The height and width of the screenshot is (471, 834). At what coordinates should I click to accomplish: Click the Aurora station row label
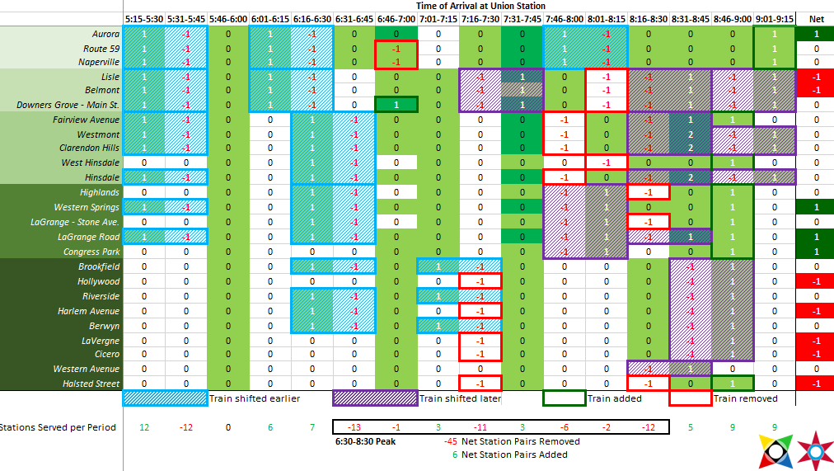pyautogui.click(x=105, y=35)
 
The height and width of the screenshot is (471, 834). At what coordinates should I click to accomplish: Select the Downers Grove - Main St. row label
pyautogui.click(x=79, y=105)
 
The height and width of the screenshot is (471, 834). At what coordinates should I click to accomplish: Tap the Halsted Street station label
pyautogui.click(x=91, y=384)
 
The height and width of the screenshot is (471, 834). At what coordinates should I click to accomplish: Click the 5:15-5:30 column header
pyautogui.click(x=143, y=18)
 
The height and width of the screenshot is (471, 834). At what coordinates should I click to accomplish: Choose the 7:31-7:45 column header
pyautogui.click(x=522, y=18)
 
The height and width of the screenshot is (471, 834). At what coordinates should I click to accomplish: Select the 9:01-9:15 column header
pyautogui.click(x=775, y=18)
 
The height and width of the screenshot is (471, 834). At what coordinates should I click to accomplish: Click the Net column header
pyautogui.click(x=816, y=18)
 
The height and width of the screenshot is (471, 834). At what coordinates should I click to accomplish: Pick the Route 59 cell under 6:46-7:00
pyautogui.click(x=396, y=49)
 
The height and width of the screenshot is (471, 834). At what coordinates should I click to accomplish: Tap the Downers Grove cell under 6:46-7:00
pyautogui.click(x=396, y=105)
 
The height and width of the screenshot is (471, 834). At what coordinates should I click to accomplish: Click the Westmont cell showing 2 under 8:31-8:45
pyautogui.click(x=691, y=134)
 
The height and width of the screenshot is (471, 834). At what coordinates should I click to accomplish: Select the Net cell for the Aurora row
pyautogui.click(x=816, y=35)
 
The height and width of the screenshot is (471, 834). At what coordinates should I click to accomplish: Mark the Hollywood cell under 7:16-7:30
pyautogui.click(x=480, y=281)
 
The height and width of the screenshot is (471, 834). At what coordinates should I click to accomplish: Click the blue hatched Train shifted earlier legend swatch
pyautogui.click(x=165, y=398)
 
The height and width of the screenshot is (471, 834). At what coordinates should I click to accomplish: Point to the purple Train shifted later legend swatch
pyautogui.click(x=375, y=398)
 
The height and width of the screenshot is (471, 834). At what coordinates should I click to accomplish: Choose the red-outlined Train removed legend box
pyautogui.click(x=691, y=398)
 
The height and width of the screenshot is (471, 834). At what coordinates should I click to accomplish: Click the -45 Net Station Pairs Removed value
pyautogui.click(x=451, y=441)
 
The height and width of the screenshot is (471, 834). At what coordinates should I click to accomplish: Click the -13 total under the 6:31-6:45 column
pyautogui.click(x=354, y=427)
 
